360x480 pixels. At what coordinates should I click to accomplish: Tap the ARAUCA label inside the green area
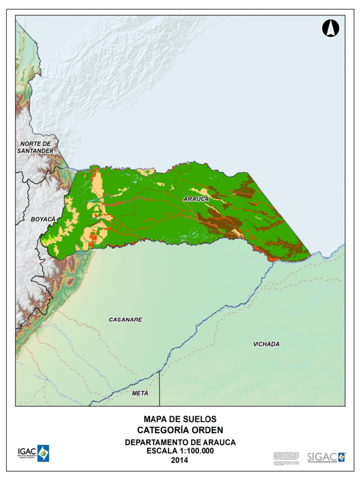195,199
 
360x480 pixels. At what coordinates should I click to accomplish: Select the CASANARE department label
125,320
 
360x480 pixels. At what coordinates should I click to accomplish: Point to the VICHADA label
266,344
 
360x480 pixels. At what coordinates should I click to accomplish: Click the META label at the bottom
140,393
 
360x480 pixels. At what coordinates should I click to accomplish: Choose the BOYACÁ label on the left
43,219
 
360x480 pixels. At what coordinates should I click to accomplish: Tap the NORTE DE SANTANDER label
36,147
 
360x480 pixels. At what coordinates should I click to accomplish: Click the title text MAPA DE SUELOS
180,419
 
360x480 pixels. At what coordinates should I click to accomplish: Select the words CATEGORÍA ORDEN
180,430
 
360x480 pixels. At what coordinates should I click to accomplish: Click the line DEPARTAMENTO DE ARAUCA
180,442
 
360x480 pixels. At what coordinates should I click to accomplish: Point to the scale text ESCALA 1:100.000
180,451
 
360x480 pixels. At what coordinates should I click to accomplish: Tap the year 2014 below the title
180,461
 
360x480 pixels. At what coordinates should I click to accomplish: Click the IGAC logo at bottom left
33,454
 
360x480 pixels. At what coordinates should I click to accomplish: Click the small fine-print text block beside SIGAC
286,457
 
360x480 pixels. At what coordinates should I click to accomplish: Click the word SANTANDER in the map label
36,151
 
